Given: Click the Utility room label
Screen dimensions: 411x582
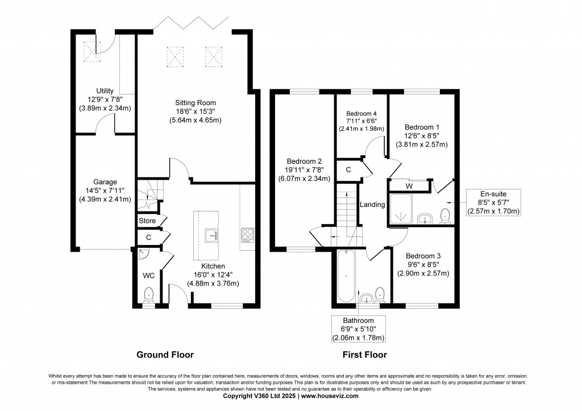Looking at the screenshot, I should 105,91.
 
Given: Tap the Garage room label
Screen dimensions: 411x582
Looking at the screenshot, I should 105,182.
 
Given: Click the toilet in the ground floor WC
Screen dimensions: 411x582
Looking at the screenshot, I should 149,294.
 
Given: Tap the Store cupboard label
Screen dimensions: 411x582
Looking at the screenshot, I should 147,221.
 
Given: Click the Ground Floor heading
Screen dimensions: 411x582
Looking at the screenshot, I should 165,355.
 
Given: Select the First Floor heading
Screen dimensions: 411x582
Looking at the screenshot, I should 364,355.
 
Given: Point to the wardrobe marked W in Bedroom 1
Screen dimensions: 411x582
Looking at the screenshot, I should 409,186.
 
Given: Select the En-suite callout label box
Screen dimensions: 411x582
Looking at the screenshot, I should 493,203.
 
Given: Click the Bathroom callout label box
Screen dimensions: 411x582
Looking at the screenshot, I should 359,329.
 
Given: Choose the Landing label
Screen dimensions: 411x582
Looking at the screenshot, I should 372,205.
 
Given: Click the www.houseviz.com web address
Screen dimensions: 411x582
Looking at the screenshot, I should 330,396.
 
